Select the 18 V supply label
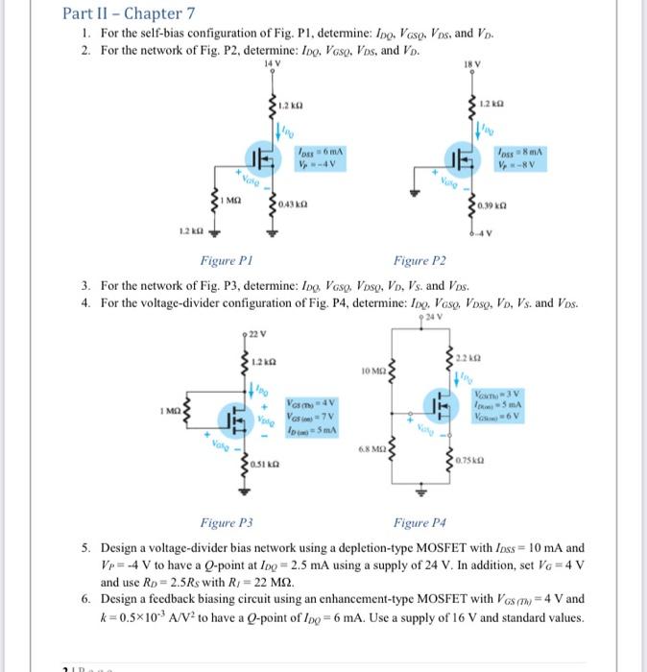[474, 64]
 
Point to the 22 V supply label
[255, 333]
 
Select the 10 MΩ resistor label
[371, 371]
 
